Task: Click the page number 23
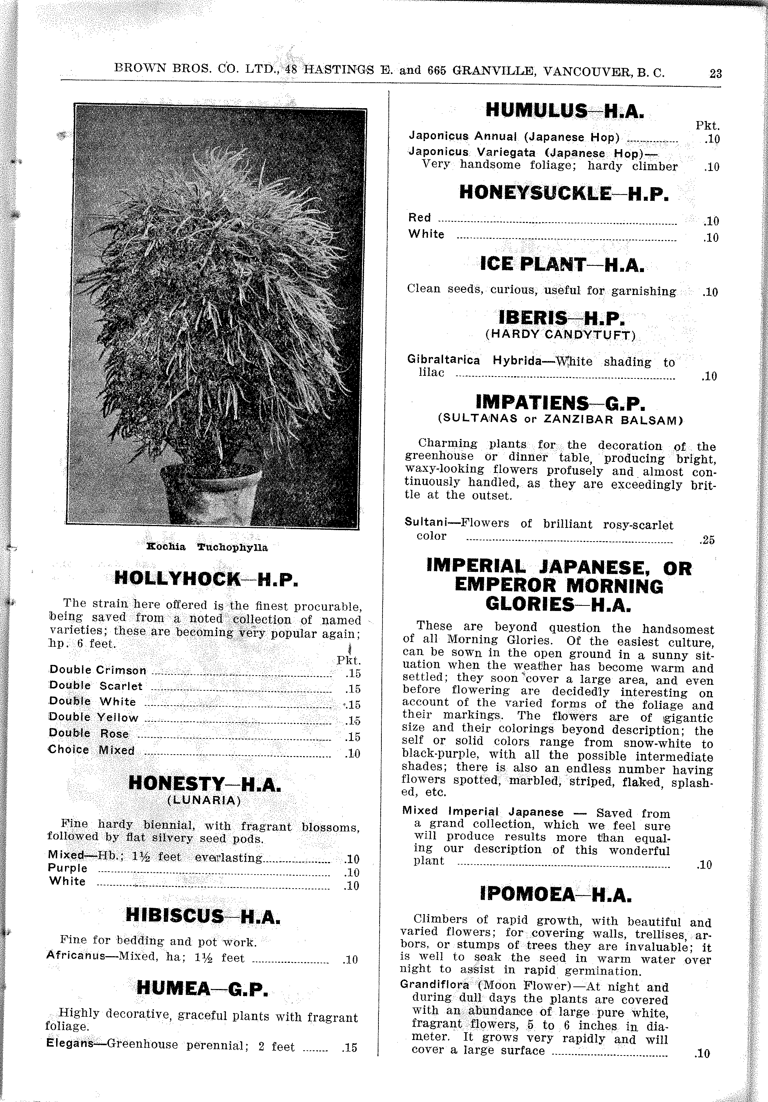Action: point(715,73)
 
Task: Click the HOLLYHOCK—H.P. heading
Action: point(206,579)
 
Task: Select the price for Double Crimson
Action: point(353,673)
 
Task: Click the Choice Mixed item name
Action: point(91,750)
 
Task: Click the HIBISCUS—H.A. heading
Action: point(203,916)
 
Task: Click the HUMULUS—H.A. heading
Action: point(564,111)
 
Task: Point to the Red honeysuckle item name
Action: point(419,217)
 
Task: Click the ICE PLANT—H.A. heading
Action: point(562,264)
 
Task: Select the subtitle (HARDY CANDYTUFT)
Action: point(560,334)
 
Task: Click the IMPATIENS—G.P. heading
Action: point(560,402)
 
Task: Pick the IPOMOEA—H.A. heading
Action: point(555,894)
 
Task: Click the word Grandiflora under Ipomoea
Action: point(434,985)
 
